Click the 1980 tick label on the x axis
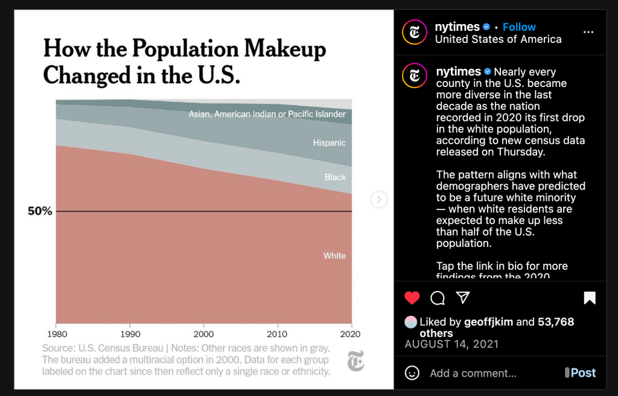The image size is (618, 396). coord(56,334)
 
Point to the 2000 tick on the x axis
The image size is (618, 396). coord(203,334)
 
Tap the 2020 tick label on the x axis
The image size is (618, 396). coord(350,334)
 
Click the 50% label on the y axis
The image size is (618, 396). coord(40,211)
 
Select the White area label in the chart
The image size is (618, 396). coord(334,256)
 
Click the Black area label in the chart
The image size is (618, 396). coord(335,177)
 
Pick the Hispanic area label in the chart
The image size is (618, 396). coord(329,143)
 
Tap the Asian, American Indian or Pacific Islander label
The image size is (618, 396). coord(267,114)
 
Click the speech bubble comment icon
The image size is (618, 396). coord(438,298)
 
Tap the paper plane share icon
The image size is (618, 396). coord(463,298)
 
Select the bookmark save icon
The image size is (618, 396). coord(590,298)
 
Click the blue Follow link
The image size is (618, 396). coord(519,27)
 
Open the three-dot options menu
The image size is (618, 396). coord(588,33)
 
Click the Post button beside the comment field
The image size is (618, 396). coord(582,373)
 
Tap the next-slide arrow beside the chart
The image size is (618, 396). coord(379,199)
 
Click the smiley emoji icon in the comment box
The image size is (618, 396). coord(412,373)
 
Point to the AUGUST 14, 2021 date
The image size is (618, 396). coord(451,345)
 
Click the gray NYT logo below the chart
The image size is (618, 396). coord(355,362)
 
